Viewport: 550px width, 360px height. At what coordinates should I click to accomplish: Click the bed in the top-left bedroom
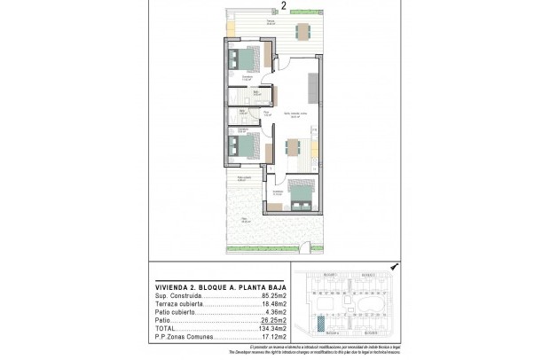(x=241, y=61)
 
